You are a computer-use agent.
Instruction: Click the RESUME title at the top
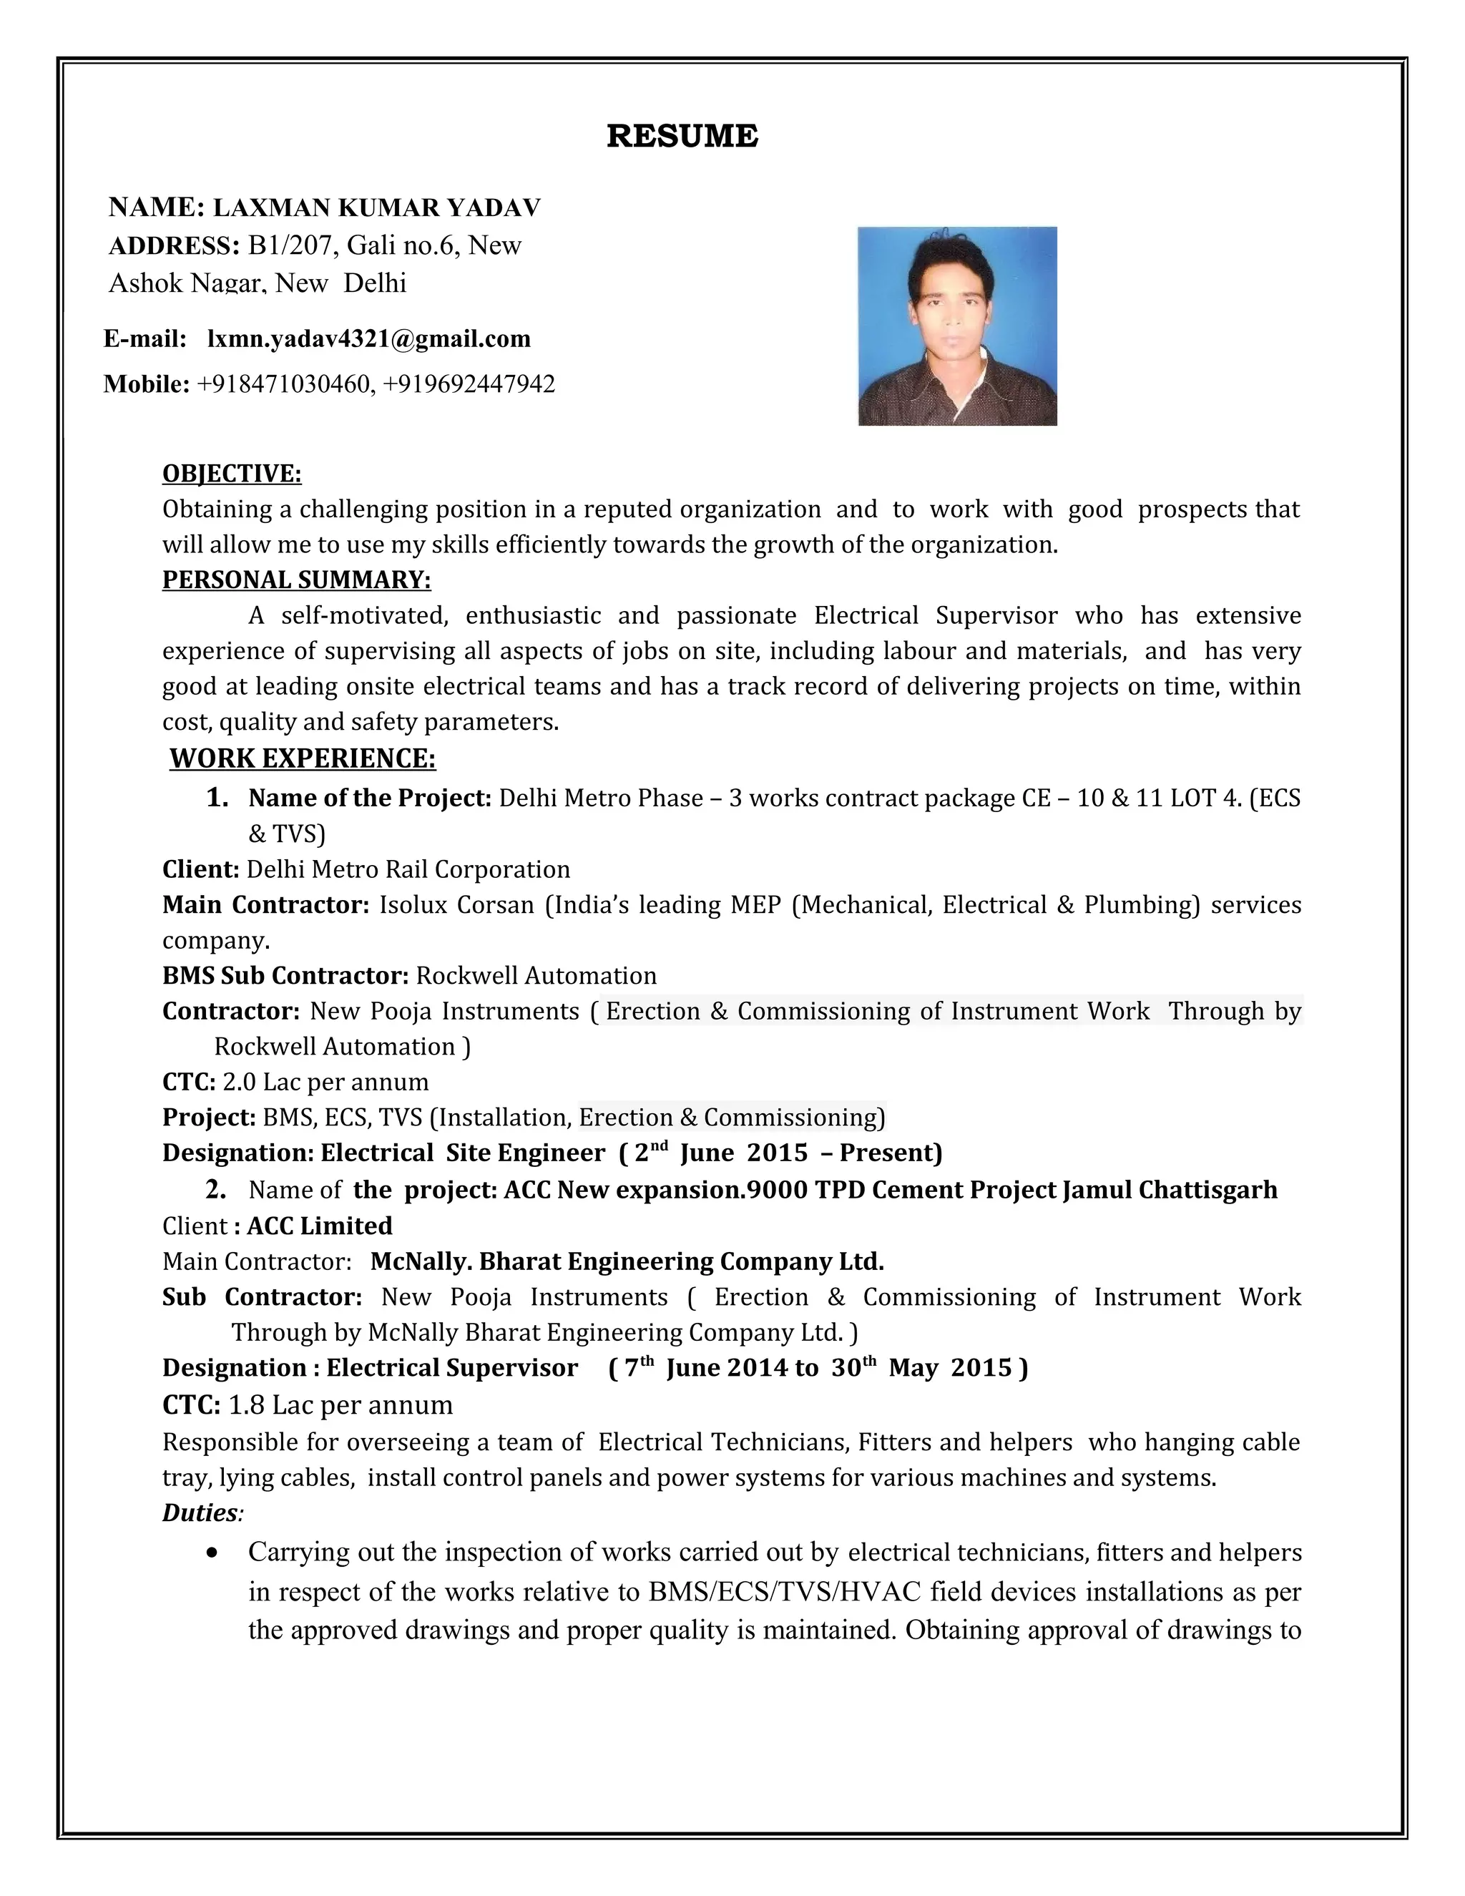pyautogui.click(x=682, y=136)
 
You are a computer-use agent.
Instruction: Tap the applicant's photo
pyautogui.click(x=957, y=326)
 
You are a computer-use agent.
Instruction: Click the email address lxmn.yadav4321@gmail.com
pyautogui.click(x=369, y=338)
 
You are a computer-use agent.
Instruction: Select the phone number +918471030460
pyautogui.click(x=284, y=383)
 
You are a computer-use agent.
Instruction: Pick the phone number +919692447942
pyautogui.click(x=469, y=383)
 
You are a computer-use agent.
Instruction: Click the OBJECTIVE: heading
pyautogui.click(x=232, y=473)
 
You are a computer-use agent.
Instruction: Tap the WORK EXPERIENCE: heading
pyautogui.click(x=302, y=758)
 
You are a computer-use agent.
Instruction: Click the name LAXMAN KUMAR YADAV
pyautogui.click(x=377, y=207)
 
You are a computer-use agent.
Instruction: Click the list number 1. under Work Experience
pyautogui.click(x=217, y=798)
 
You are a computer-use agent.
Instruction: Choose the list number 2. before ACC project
pyautogui.click(x=216, y=1189)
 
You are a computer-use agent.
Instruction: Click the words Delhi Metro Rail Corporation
pyautogui.click(x=408, y=869)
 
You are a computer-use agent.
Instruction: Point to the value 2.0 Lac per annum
pyautogui.click(x=325, y=1082)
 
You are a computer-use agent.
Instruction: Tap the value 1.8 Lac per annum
pyautogui.click(x=340, y=1404)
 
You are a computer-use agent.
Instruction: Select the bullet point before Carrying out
pyautogui.click(x=212, y=1553)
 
